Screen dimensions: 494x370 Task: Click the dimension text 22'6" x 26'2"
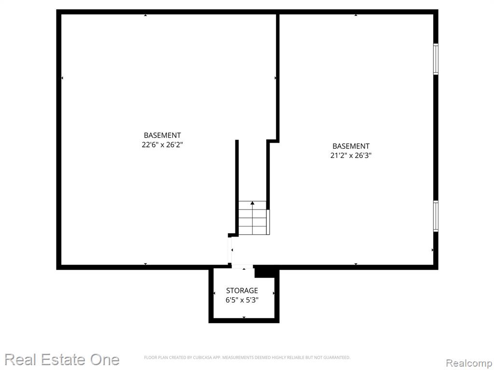pyautogui.click(x=162, y=145)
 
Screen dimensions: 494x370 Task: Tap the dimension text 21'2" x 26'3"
pyautogui.click(x=351, y=156)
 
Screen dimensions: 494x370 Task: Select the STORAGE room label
pyautogui.click(x=242, y=291)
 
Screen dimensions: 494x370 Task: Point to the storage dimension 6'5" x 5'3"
pyautogui.click(x=242, y=300)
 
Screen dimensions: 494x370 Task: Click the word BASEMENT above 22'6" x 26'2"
pyautogui.click(x=162, y=135)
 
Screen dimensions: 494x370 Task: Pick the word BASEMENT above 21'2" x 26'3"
pyautogui.click(x=351, y=146)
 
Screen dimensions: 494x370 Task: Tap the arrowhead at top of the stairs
pyautogui.click(x=252, y=203)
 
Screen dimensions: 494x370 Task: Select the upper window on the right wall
pyautogui.click(x=436, y=59)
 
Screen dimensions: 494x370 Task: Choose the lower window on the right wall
pyautogui.click(x=436, y=216)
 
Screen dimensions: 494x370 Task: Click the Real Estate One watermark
pyautogui.click(x=62, y=359)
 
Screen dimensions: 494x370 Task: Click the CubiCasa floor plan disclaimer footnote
pyautogui.click(x=247, y=357)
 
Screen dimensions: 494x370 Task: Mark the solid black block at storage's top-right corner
pyautogui.click(x=265, y=272)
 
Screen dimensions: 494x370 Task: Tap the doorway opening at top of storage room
pyautogui.click(x=243, y=267)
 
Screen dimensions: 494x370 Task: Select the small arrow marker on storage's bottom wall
pyautogui.click(x=244, y=317)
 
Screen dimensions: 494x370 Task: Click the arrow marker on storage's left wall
pyautogui.click(x=214, y=293)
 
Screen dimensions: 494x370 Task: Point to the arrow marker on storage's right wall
pyautogui.click(x=274, y=293)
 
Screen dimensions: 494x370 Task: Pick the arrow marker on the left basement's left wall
pyautogui.click(x=62, y=78)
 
